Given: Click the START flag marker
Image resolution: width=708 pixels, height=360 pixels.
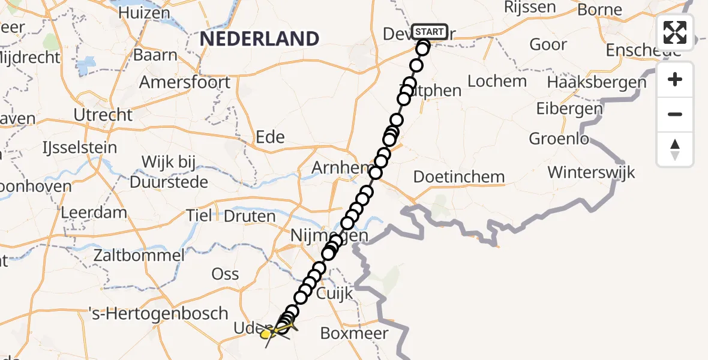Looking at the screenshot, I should click(430, 32).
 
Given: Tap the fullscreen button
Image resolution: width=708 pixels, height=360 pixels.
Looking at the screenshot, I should click(675, 32).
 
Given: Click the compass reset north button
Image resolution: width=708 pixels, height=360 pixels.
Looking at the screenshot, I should click(675, 149).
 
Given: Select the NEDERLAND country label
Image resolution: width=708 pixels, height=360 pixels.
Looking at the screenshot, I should click(259, 39).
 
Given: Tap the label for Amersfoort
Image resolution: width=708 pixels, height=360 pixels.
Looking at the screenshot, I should click(184, 82).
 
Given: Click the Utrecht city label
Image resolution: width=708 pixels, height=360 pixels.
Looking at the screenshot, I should click(103, 115).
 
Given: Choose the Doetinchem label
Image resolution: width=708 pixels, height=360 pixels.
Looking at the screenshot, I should click(459, 177).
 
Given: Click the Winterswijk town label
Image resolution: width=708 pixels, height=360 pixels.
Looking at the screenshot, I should click(591, 173).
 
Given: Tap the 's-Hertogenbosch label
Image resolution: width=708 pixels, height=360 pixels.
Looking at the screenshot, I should click(158, 313).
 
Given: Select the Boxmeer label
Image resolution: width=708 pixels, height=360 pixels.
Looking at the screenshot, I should click(355, 333).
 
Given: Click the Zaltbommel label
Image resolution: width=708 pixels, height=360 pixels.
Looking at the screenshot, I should click(139, 255).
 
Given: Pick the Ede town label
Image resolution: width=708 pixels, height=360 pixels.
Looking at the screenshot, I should click(270, 137).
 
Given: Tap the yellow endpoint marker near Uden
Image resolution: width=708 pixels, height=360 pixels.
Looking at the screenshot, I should click(266, 333).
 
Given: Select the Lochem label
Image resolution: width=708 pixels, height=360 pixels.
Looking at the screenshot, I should click(497, 81).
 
